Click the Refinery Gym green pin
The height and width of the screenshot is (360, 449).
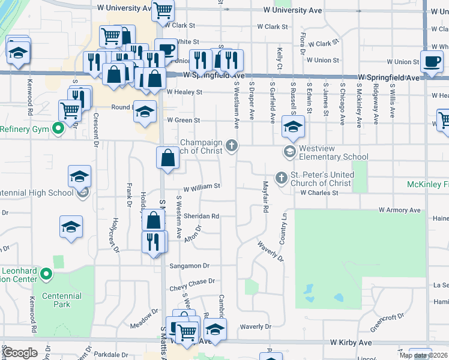[x=58, y=128]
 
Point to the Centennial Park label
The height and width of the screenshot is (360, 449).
[x=62, y=300]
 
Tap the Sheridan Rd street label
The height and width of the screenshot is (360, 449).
[x=201, y=216]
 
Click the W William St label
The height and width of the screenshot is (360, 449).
[x=202, y=187]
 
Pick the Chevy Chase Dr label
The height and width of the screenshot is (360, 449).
[x=192, y=281]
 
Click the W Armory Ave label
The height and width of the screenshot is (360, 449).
[x=399, y=211]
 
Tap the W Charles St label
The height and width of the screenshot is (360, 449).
[x=320, y=193]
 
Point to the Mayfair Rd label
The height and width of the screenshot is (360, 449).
[x=264, y=197]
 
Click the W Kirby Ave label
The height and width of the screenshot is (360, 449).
[x=351, y=343]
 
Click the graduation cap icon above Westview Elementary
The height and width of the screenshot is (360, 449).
[x=293, y=127]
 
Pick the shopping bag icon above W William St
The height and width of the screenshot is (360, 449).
[x=168, y=158]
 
